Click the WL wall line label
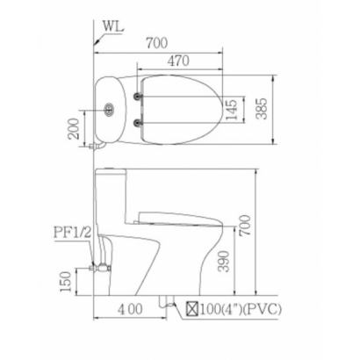113,26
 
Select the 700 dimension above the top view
157,43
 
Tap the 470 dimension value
178,61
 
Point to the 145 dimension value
231,110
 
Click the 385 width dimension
262,109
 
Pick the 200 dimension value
73,128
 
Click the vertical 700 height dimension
245,225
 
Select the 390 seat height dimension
224,262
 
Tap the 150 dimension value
66,282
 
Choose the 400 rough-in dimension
130,309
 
